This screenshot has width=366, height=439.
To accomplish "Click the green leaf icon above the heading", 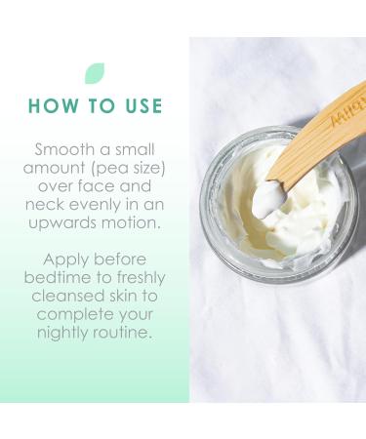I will click(x=94, y=73).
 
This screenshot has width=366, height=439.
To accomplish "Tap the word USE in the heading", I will click(x=139, y=106).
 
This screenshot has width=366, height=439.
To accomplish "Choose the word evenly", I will click(x=98, y=205).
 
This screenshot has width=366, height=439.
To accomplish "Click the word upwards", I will click(x=61, y=223).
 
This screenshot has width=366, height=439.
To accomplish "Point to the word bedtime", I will click(x=67, y=279).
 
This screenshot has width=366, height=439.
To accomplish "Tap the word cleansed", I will click(x=77, y=298).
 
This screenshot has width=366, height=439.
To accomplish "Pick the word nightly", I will click(x=74, y=335).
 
